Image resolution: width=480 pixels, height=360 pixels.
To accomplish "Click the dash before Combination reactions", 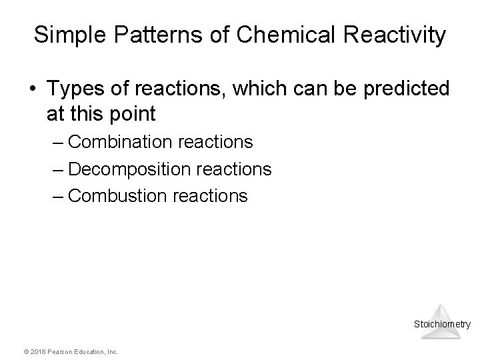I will pyautogui.click(x=57, y=142).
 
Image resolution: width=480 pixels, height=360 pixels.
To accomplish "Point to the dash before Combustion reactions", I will pyautogui.click(x=57, y=196).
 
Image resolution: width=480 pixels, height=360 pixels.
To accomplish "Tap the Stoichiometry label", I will pyautogui.click(x=442, y=325).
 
